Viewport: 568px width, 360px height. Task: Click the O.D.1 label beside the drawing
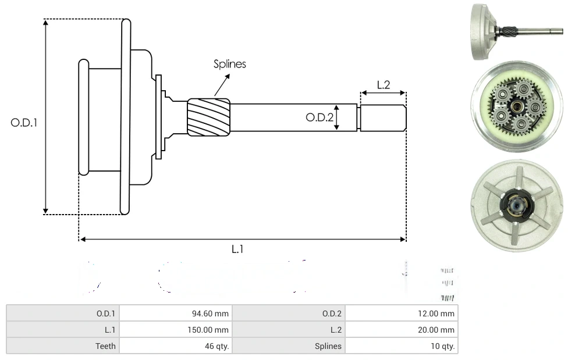[x=24, y=123]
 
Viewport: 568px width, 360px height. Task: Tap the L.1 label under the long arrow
[x=237, y=249]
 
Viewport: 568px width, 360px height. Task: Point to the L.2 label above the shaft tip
[x=383, y=85]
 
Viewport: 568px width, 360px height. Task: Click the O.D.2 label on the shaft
[x=319, y=117]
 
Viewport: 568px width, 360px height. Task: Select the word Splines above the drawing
[x=229, y=64]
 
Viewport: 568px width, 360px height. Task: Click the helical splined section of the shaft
[x=208, y=117]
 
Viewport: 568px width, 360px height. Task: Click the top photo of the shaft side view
[x=515, y=31]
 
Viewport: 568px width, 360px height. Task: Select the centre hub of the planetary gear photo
[x=517, y=106]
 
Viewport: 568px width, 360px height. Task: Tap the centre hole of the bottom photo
[x=516, y=205]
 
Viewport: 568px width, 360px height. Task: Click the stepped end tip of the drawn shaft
[x=382, y=118]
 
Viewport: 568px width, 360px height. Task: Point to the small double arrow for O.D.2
[x=337, y=118]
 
